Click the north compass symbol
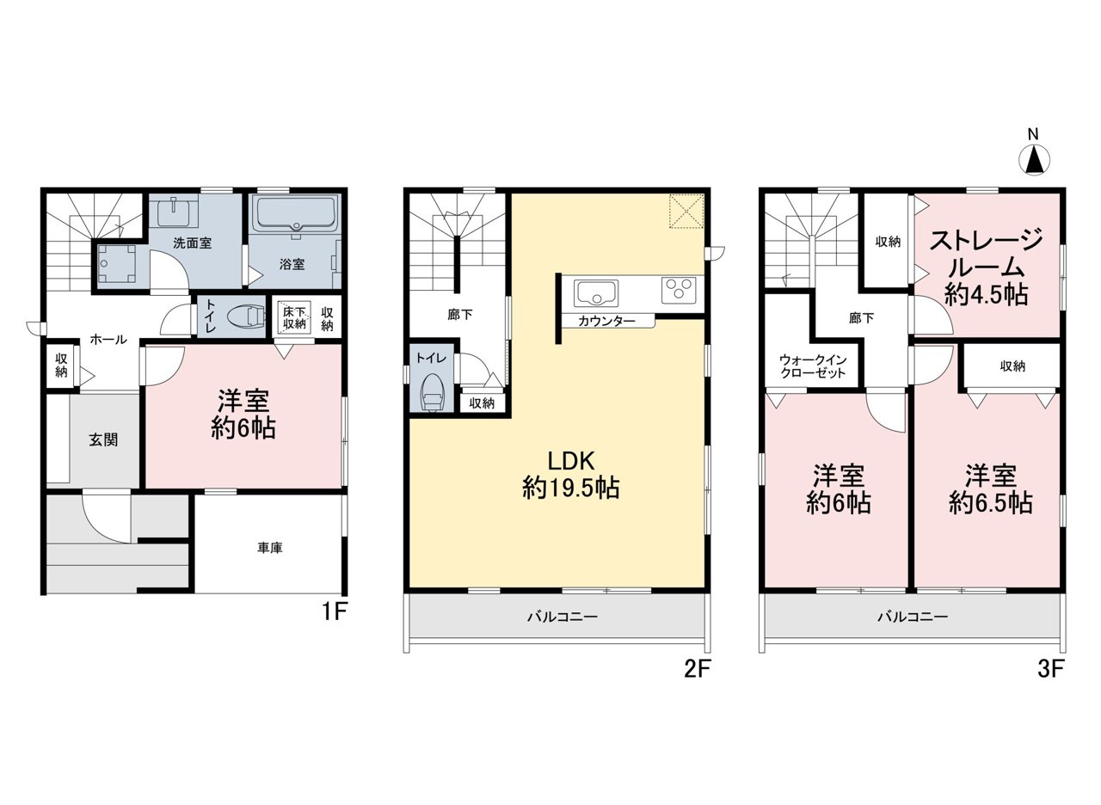coord(1034,157)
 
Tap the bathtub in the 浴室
coord(295,213)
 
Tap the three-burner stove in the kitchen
coord(679,289)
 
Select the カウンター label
coord(606,322)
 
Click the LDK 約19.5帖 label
coord(571,474)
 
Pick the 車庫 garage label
coord(270,548)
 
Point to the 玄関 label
coord(103,439)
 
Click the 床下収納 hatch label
coord(294,317)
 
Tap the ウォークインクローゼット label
coord(813,366)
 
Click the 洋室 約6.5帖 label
coord(990,489)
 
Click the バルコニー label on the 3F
coord(913,617)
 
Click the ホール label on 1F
coord(108,339)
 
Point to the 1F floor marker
coord(335,611)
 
